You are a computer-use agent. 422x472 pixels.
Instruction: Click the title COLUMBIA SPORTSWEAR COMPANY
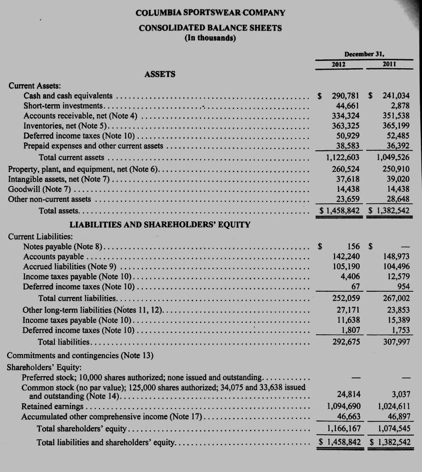pos(211,12)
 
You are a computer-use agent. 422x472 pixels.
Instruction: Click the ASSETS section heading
pos(160,74)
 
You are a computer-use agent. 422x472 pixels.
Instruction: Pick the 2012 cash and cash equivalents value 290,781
pos(346,96)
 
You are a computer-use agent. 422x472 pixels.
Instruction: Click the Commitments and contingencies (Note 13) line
pos(81,355)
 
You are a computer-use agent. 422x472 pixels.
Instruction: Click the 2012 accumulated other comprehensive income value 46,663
pos(348,417)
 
